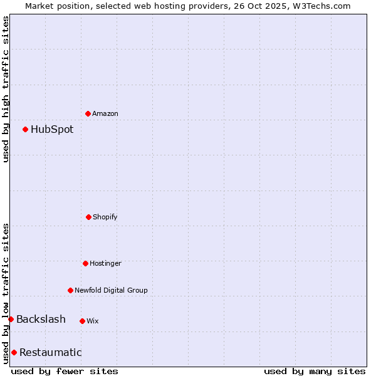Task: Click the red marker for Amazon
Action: click(x=88, y=113)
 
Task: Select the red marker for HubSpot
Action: click(x=25, y=129)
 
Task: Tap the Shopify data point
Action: click(x=88, y=217)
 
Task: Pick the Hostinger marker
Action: click(x=85, y=263)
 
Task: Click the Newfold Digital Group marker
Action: click(x=70, y=290)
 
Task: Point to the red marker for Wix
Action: click(x=82, y=321)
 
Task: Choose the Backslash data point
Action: click(x=11, y=319)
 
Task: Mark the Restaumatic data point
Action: click(x=14, y=352)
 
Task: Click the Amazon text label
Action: click(x=105, y=113)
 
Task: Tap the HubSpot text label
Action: click(x=52, y=130)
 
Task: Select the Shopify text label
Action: click(x=105, y=217)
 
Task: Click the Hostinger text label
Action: click(x=105, y=263)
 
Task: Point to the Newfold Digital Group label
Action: click(x=111, y=290)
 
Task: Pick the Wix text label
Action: click(x=93, y=321)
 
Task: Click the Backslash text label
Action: click(x=41, y=320)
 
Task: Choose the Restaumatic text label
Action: click(x=50, y=352)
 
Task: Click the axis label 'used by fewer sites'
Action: click(x=65, y=371)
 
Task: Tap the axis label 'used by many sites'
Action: click(x=315, y=371)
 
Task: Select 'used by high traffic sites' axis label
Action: click(x=6, y=89)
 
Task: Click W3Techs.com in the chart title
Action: click(x=320, y=6)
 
